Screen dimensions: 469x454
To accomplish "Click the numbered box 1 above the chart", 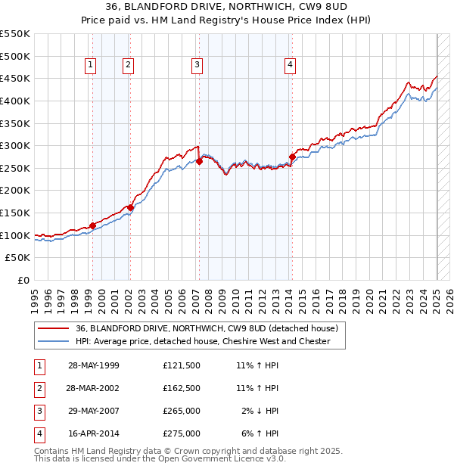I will click(x=90, y=65).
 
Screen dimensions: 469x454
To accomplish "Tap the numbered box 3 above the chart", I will click(x=197, y=65).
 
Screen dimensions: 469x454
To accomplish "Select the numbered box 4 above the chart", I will click(x=290, y=65).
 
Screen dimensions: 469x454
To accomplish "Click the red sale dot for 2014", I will click(x=292, y=157).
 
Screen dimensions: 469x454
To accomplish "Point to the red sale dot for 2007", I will click(x=199, y=161).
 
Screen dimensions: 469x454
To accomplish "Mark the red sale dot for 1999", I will click(x=92, y=225).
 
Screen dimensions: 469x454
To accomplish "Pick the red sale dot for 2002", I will click(x=130, y=207).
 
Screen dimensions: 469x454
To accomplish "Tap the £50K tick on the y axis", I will click(x=18, y=258).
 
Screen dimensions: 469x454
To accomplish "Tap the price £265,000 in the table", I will click(x=182, y=411).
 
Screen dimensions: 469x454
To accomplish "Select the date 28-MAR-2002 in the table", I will click(x=93, y=388).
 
